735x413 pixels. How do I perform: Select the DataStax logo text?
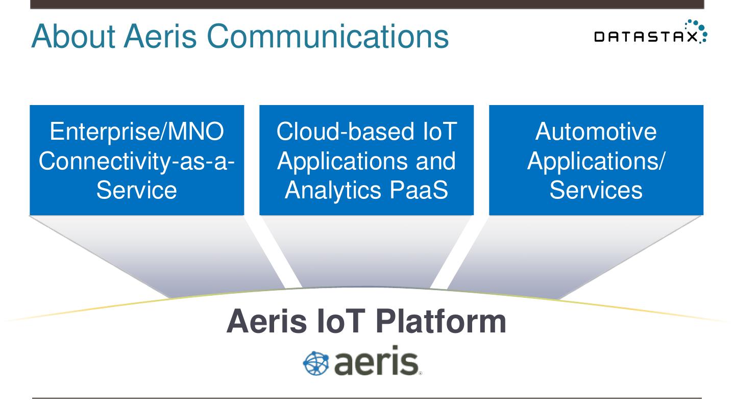coord(645,37)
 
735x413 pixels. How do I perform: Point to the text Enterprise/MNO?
coord(137,132)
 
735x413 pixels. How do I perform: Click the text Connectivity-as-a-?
coord(137,161)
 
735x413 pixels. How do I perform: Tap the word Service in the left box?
coord(137,190)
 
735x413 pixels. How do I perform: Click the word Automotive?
coord(596,132)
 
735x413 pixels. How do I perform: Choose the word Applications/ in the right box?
coord(596,161)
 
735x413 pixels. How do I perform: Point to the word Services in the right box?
coord(596,190)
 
